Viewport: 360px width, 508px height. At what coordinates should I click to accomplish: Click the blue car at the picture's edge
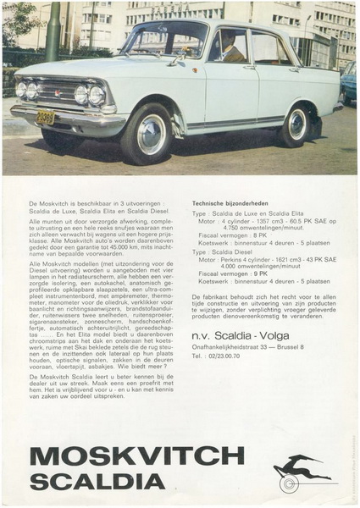(349, 80)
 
